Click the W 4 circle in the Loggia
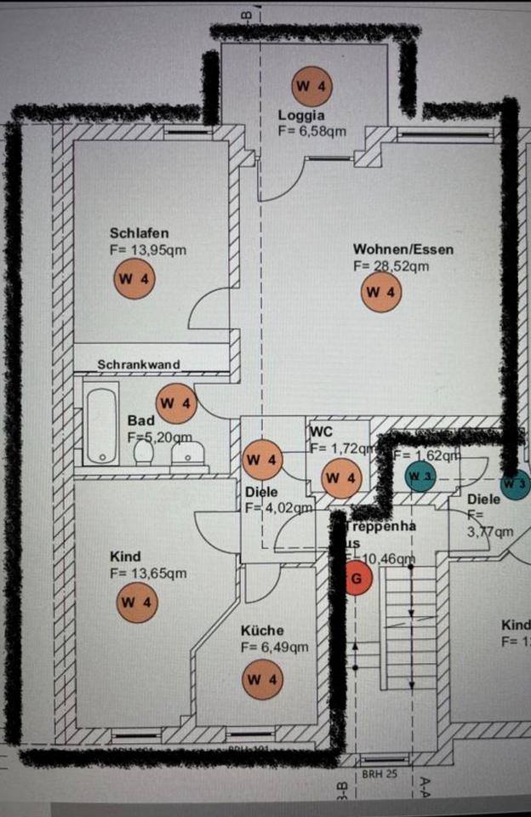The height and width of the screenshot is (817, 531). (311, 86)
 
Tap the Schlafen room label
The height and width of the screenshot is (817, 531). (139, 233)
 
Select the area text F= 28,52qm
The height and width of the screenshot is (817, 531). (391, 266)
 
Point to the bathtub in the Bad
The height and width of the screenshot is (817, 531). (102, 426)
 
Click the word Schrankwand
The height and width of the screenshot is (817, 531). (139, 365)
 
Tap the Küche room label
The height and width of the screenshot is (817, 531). (262, 631)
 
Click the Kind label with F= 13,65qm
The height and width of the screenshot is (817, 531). (125, 557)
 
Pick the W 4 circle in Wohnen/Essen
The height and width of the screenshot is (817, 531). (380, 293)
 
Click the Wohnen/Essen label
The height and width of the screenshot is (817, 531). (403, 249)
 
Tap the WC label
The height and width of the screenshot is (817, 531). (321, 431)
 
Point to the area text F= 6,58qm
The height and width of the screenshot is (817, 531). (311, 131)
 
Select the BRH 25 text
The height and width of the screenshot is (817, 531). (379, 773)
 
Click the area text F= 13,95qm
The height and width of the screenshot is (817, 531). (148, 250)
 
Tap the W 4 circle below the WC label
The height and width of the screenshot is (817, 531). (342, 478)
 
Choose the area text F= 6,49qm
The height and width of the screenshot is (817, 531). (274, 648)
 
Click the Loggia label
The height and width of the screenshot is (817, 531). (301, 115)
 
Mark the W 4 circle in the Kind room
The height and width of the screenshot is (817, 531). (137, 602)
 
